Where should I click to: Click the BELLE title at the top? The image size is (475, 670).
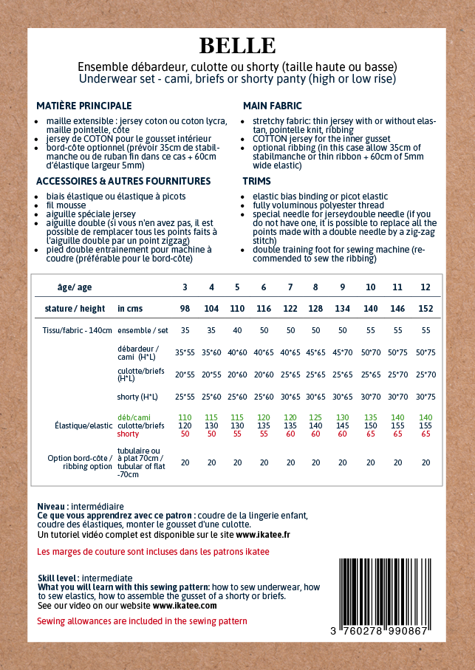tap(237, 46)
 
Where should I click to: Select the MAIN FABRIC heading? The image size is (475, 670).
tap(272, 106)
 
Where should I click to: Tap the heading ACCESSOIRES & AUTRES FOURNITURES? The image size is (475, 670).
tap(123, 181)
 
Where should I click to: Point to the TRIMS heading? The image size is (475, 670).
tap(256, 181)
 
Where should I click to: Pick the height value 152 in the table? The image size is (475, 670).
tap(426, 308)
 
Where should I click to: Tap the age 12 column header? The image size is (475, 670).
tap(426, 287)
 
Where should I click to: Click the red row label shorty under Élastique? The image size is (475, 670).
tap(128, 434)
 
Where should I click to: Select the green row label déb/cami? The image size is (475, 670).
tap(134, 417)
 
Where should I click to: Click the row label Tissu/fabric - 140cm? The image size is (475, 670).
tap(78, 331)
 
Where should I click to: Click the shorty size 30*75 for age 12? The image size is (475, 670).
tap(426, 397)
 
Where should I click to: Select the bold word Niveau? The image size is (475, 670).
tap(52, 506)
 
